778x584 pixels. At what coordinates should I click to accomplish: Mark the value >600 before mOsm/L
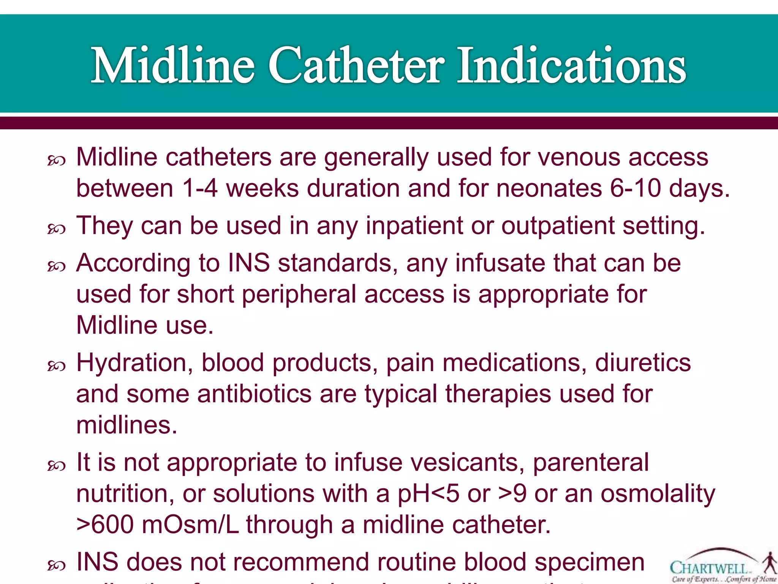105,525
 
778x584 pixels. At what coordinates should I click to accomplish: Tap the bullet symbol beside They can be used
57,229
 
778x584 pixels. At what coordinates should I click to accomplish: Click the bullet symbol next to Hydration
57,366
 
